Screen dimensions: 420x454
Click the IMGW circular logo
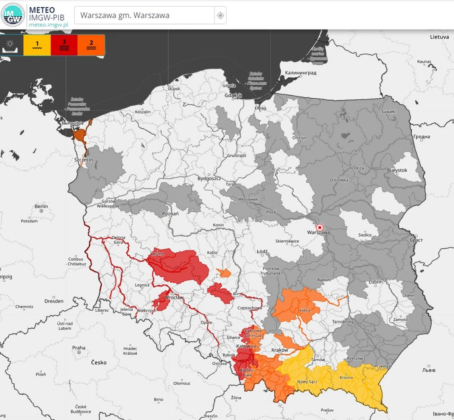[13, 15]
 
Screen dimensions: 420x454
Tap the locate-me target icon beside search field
[220, 15]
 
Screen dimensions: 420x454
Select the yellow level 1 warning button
[37, 45]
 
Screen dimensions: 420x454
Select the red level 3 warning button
[64, 45]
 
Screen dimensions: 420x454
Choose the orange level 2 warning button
[91, 45]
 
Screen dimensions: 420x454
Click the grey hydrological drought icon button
[10, 45]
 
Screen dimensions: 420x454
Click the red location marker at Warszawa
[320, 228]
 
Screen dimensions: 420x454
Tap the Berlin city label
[41, 206]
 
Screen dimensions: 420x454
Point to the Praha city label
[79, 348]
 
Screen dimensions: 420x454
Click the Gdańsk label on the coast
[233, 95]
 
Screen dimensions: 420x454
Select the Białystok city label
[397, 170]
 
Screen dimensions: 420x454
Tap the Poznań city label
[170, 214]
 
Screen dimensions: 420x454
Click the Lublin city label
[376, 282]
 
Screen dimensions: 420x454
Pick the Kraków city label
[280, 350]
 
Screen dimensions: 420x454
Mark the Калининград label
[300, 73]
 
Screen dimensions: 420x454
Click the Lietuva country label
[439, 37]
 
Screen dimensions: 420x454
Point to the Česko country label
[99, 362]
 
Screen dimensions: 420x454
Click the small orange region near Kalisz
[224, 273]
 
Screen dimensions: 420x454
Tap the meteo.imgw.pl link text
[48, 25]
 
